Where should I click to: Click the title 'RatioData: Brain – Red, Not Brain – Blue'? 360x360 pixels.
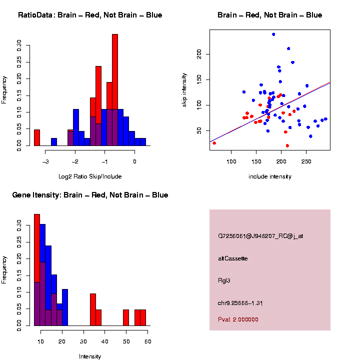(x=90, y=15)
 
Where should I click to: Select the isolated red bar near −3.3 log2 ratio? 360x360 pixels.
(x=37, y=137)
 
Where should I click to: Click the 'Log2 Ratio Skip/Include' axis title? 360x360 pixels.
(x=90, y=176)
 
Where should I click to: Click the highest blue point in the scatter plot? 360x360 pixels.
(x=273, y=34)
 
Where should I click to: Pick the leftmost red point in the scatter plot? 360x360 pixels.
(x=214, y=143)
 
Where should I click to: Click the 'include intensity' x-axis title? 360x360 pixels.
(x=270, y=176)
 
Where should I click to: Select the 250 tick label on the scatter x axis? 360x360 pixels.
(x=306, y=161)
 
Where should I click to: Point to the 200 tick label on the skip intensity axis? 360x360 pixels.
(x=199, y=54)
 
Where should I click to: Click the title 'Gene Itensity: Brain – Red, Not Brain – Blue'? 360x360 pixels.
(x=90, y=195)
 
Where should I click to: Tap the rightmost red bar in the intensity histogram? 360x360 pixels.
(x=143, y=317)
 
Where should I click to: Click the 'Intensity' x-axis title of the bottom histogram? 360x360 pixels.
(x=90, y=356)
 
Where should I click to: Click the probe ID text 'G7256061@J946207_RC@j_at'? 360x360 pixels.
(x=260, y=236)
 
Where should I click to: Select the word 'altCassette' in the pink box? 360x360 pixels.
(x=233, y=258)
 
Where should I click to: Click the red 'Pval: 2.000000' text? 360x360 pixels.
(x=238, y=319)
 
